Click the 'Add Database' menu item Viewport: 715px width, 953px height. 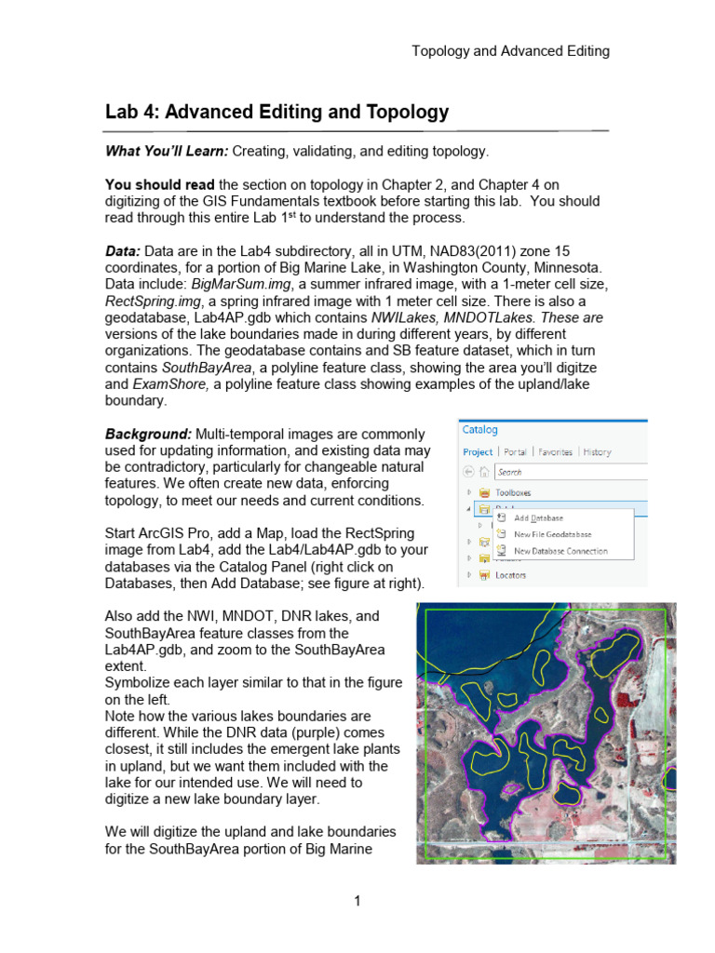coord(538,518)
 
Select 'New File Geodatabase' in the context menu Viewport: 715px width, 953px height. coord(553,534)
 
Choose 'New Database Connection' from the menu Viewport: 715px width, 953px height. coord(560,551)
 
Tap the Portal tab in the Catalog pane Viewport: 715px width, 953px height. coord(515,452)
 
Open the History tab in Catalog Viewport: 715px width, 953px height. coord(597,452)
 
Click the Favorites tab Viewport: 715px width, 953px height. coord(555,452)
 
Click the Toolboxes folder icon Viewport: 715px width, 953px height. coord(484,492)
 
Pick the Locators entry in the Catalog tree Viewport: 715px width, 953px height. coord(510,575)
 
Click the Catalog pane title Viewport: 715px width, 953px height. coord(480,430)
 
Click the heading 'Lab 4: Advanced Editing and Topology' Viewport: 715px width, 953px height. coord(277,113)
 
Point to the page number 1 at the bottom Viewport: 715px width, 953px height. coord(357,901)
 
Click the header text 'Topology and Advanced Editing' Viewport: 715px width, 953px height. coord(510,51)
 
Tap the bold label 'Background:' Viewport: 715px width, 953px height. coord(148,434)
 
